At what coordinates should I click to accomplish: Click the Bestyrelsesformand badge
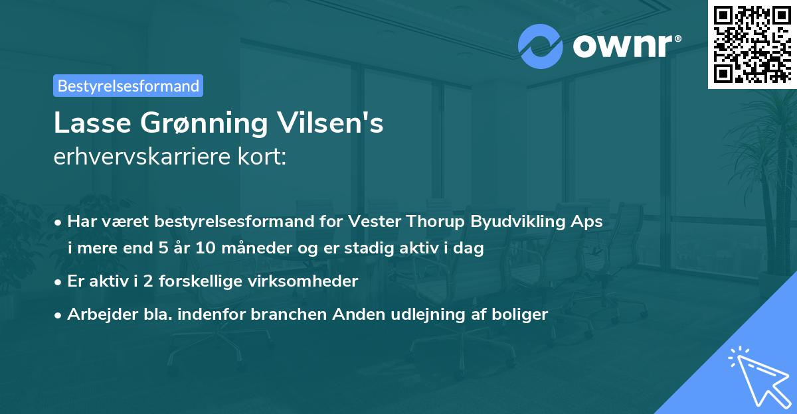pyautogui.click(x=128, y=86)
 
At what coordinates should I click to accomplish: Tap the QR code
pyautogui.click(x=751, y=44)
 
